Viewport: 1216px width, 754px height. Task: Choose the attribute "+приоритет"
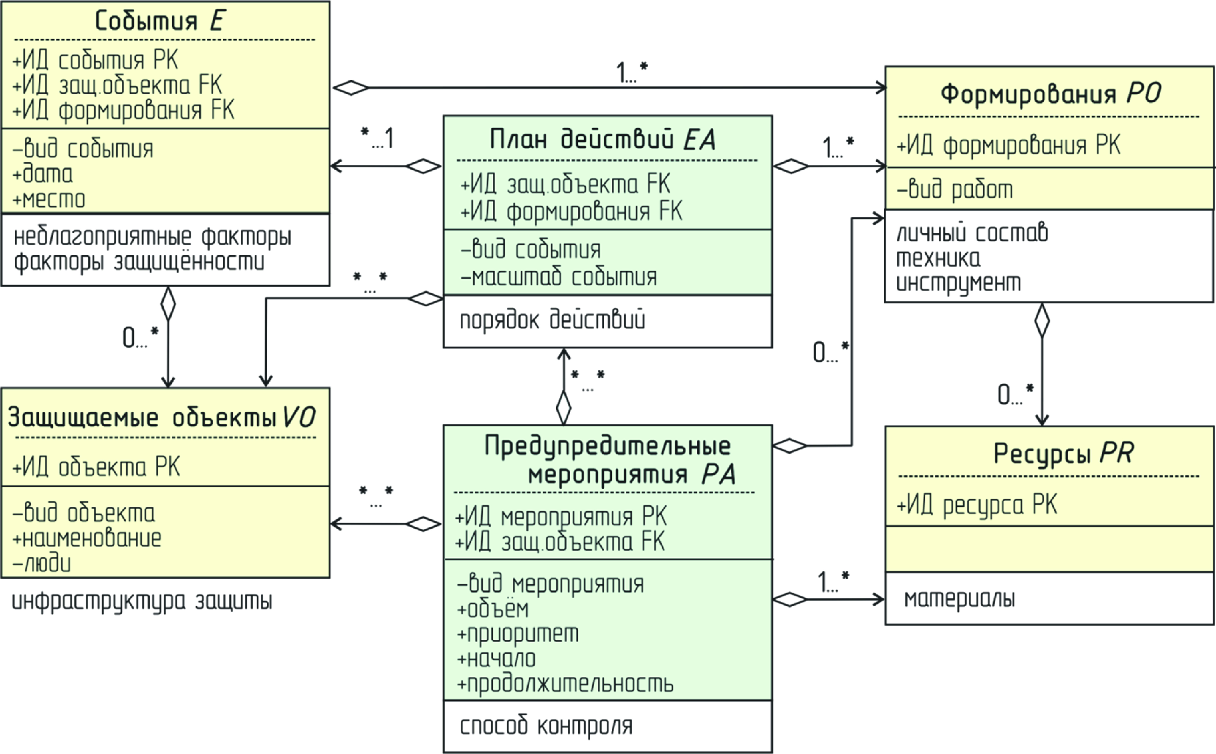(x=518, y=634)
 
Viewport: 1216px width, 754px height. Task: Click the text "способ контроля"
(x=546, y=726)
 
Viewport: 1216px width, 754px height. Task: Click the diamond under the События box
(x=168, y=303)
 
